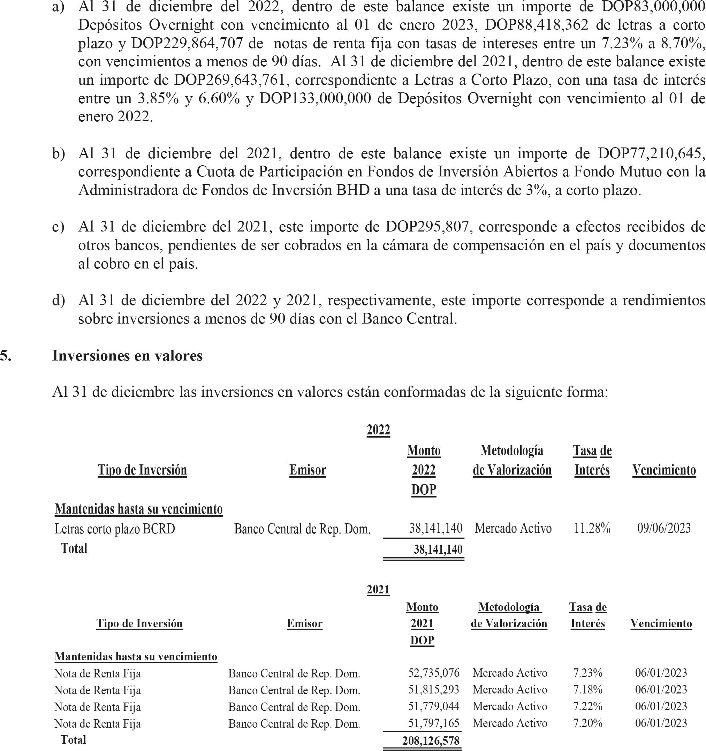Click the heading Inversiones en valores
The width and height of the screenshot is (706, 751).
(x=127, y=356)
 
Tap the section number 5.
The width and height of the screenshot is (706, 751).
(x=6, y=356)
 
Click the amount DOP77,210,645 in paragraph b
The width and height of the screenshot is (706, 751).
(x=651, y=153)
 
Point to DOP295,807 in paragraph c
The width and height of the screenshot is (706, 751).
(x=427, y=227)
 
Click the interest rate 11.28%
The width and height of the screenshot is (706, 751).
(x=592, y=528)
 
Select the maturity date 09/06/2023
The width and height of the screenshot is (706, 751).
(x=664, y=528)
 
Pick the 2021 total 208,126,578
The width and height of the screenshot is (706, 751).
(x=431, y=741)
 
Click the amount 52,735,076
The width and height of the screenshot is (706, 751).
(x=434, y=673)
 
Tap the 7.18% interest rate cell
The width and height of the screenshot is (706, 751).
(x=588, y=689)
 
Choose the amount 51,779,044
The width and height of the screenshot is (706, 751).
(x=434, y=706)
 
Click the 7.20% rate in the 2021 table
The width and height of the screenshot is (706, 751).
(x=588, y=723)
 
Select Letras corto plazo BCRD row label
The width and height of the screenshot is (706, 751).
(x=115, y=529)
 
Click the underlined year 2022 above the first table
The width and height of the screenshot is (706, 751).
(x=378, y=430)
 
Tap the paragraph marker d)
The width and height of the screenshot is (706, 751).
(x=59, y=300)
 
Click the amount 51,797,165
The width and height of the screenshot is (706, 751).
(x=434, y=723)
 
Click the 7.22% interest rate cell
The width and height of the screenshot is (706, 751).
(x=588, y=706)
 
